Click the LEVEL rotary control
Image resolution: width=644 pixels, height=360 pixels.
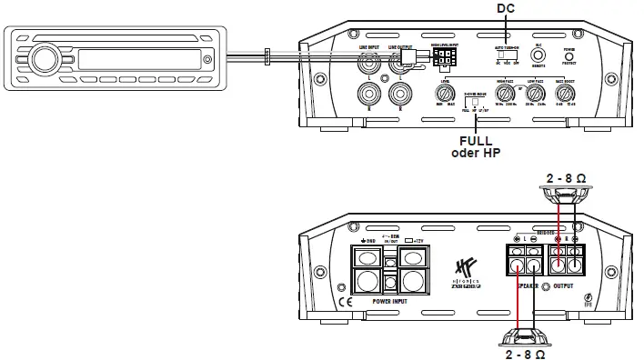click(446, 94)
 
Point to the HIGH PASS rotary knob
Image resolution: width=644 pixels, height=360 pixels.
click(505, 94)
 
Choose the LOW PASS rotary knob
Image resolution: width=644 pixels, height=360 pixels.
click(536, 94)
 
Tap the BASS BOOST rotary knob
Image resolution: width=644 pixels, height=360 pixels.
click(571, 94)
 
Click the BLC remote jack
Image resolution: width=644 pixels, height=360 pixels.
click(538, 55)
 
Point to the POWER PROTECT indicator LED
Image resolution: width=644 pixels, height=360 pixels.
click(569, 55)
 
